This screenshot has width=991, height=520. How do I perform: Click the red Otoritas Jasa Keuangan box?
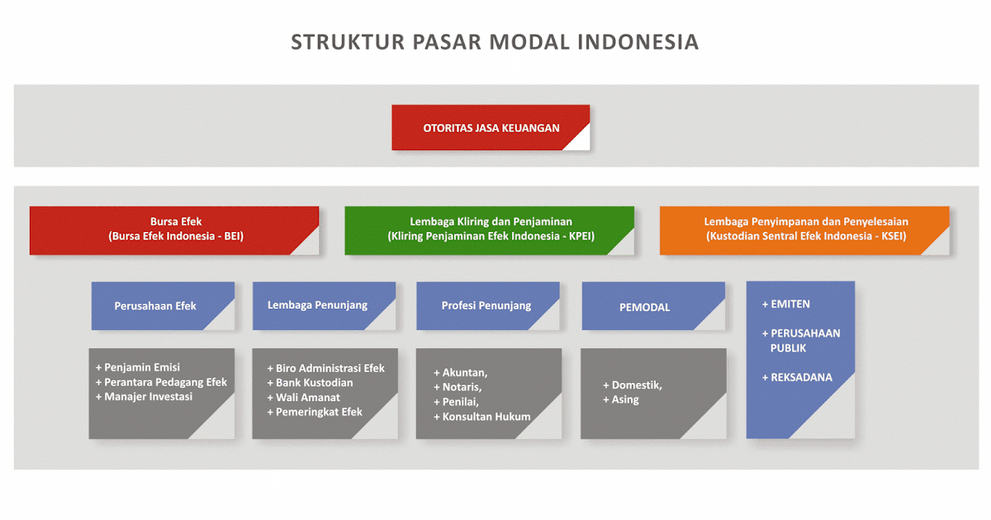tap(491, 128)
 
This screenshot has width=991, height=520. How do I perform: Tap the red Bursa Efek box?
tap(175, 229)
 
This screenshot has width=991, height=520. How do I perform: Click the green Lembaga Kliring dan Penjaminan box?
tap(490, 229)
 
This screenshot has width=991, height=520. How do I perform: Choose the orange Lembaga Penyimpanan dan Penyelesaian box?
tap(805, 229)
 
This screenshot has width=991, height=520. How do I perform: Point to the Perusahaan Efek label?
tap(155, 306)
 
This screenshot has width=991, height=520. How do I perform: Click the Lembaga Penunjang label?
tap(317, 305)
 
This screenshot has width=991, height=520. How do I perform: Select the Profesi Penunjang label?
tap(486, 306)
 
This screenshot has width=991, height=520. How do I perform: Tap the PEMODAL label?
tap(644, 307)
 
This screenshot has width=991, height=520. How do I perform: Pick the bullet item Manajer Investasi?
tap(148, 397)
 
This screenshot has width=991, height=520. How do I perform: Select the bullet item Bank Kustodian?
tap(314, 383)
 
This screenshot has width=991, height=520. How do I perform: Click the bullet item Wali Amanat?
tap(307, 398)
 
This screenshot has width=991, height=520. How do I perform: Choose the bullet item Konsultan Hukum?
tap(486, 417)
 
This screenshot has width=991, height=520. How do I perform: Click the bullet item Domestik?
tap(636, 385)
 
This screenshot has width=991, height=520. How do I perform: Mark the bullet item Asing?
tap(624, 400)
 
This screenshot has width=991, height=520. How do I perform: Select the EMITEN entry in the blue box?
tap(789, 304)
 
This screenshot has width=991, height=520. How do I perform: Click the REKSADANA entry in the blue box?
tap(800, 377)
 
